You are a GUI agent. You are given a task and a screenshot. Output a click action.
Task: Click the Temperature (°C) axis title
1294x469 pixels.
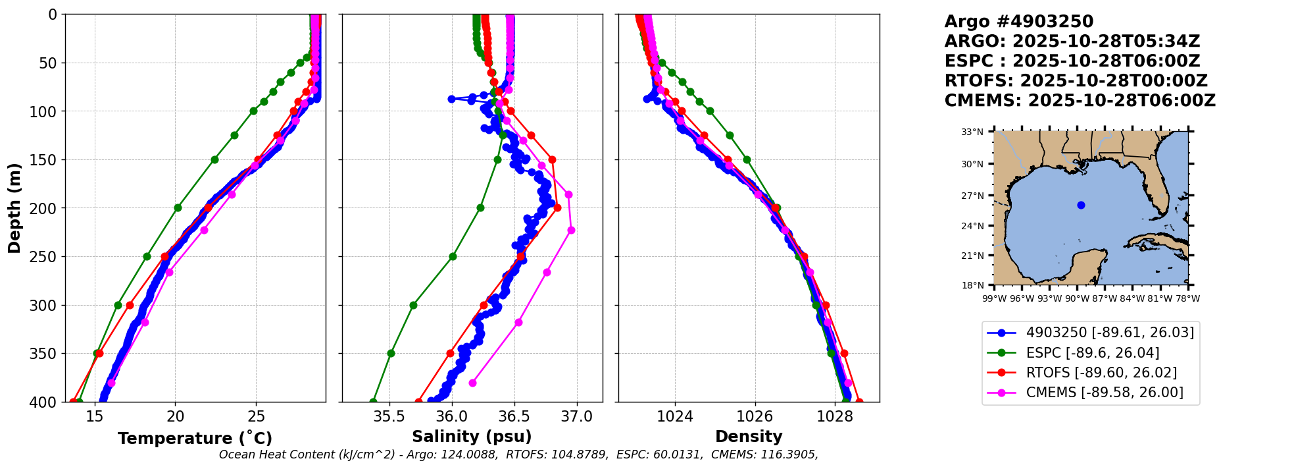tap(195, 438)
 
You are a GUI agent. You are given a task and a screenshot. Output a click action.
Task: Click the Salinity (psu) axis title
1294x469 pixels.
tap(472, 437)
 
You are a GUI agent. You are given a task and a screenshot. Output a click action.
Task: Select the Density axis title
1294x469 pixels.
tap(749, 437)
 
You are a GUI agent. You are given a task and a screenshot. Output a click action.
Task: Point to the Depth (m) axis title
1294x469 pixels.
tap(14, 208)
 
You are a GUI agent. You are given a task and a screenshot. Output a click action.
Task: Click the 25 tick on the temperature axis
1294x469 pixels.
tap(256, 416)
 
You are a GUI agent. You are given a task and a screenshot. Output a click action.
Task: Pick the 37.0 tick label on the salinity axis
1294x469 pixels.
tap(577, 416)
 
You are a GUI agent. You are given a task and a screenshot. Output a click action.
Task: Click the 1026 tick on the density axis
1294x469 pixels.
tap(755, 416)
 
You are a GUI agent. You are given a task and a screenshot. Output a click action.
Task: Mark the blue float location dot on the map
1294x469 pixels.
tap(1081, 205)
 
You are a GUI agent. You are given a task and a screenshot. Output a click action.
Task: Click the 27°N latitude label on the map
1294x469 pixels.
tap(972, 196)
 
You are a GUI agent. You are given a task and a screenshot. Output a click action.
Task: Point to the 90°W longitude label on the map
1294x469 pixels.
tap(1077, 298)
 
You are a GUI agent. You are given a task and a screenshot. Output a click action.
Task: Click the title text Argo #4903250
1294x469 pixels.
tap(1019, 22)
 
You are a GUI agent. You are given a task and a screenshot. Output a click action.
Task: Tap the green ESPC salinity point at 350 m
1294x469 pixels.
tap(391, 353)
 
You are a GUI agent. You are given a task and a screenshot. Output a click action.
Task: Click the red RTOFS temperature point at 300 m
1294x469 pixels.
tap(130, 305)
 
